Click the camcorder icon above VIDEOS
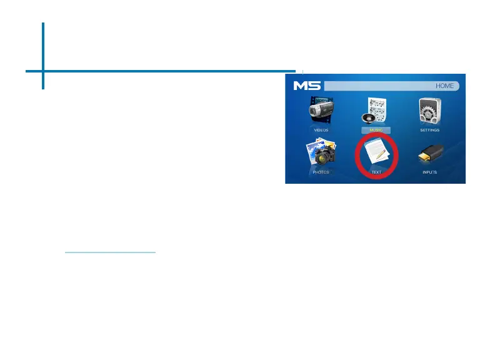[x=321, y=111]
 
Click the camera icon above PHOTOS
[x=321, y=153]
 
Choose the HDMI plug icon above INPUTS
[x=430, y=153]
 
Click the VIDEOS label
[x=321, y=130]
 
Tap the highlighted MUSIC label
[x=376, y=130]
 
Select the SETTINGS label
[x=430, y=130]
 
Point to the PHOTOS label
[x=321, y=171]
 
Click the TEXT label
[x=376, y=171]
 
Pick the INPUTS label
[x=430, y=171]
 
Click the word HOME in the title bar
[x=445, y=86]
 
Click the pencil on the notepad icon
[x=381, y=152]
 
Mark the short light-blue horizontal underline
[x=110, y=252]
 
